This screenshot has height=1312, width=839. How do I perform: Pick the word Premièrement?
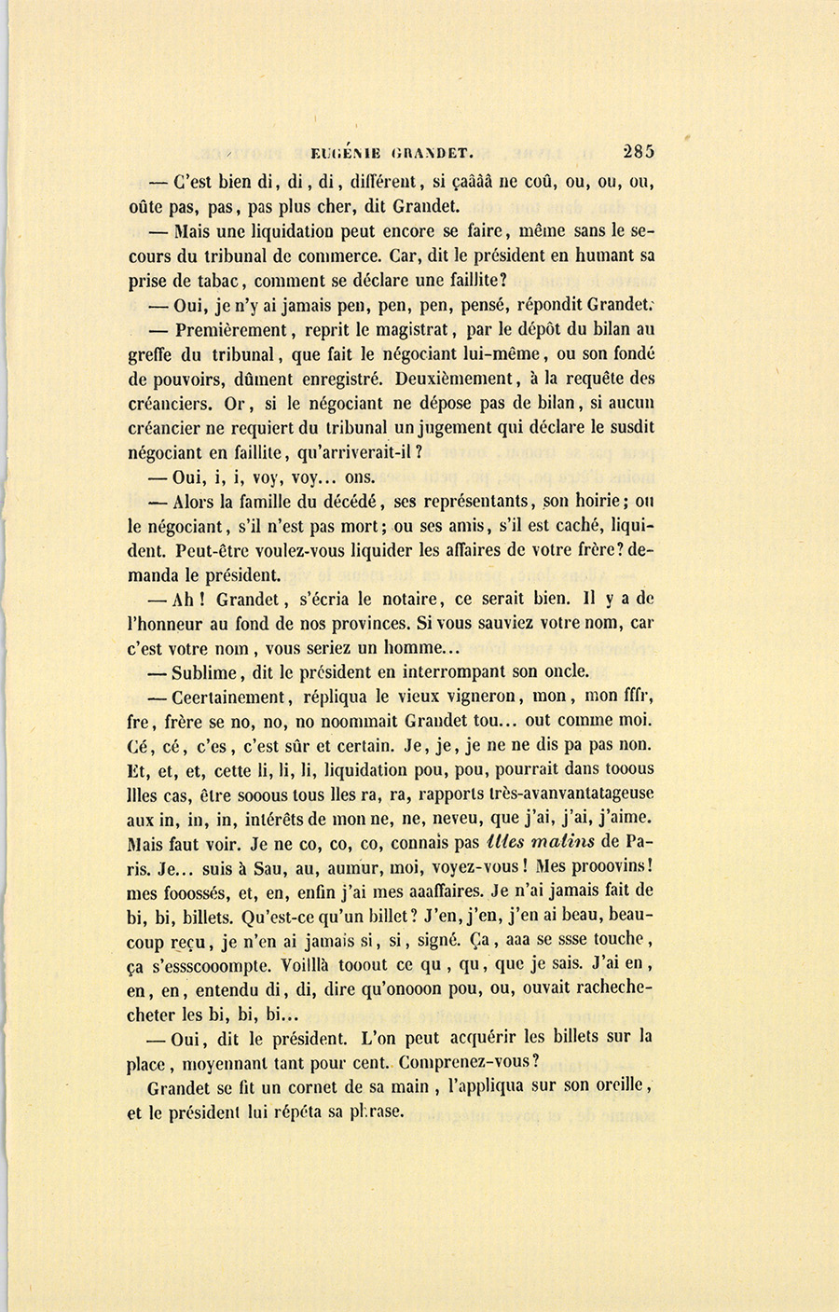pos(231,329)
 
